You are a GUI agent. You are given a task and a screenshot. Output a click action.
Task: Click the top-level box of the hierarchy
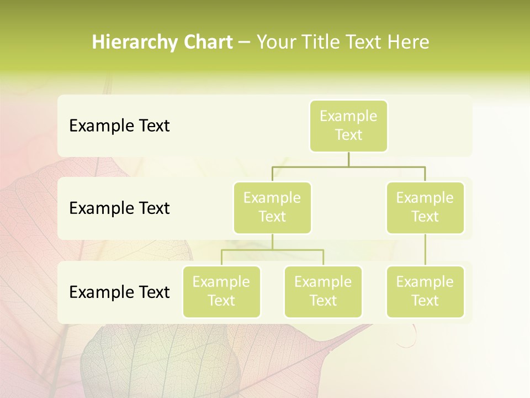[x=348, y=125]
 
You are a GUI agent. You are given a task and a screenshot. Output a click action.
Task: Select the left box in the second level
[x=272, y=207]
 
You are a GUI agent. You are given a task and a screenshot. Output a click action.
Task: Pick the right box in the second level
[x=425, y=207]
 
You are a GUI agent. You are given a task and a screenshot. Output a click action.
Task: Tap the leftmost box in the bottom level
[x=221, y=291]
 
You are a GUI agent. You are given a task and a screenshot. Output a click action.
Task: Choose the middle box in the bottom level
[x=323, y=291]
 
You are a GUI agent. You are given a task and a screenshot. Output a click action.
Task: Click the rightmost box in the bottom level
[x=425, y=291]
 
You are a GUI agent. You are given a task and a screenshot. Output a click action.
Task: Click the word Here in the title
[x=408, y=42]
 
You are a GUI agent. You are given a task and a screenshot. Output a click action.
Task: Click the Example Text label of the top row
[x=119, y=126]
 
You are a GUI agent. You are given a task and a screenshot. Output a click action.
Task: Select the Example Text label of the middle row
[x=119, y=208]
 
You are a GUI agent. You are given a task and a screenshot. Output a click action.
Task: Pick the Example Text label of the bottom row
[x=119, y=292]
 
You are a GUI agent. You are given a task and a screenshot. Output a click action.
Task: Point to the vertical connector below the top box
[x=348, y=159]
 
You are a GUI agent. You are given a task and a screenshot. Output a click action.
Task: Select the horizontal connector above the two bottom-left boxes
[x=272, y=250]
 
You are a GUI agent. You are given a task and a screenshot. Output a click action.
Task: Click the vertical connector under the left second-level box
[x=272, y=242]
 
